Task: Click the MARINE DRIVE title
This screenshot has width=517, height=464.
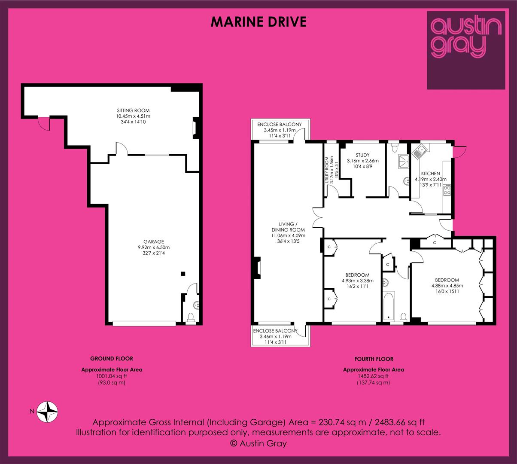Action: click(x=258, y=22)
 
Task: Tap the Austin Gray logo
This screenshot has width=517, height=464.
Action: click(x=466, y=50)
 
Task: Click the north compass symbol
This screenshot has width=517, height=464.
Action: click(x=48, y=412)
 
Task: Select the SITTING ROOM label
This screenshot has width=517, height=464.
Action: click(x=133, y=110)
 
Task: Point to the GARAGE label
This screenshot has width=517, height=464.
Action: click(x=154, y=241)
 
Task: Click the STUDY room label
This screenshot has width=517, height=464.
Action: click(x=362, y=155)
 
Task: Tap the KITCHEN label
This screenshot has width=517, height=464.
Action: click(x=431, y=174)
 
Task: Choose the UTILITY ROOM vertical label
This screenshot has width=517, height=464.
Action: click(x=327, y=170)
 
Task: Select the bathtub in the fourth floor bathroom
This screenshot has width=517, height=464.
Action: click(x=389, y=306)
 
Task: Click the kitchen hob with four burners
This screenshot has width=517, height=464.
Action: click(x=447, y=190)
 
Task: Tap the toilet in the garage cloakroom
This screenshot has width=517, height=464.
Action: click(x=191, y=317)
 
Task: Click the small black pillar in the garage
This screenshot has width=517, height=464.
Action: click(x=183, y=274)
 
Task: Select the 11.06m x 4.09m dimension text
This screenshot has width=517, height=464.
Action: click(x=288, y=235)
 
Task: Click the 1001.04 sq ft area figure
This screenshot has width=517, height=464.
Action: click(x=112, y=376)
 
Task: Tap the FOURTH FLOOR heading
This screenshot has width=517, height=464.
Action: click(x=374, y=359)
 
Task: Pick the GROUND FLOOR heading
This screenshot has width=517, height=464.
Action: click(x=112, y=359)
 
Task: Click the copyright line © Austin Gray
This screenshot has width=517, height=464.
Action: click(x=258, y=443)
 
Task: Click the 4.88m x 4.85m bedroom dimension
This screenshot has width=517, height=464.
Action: click(x=447, y=286)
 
